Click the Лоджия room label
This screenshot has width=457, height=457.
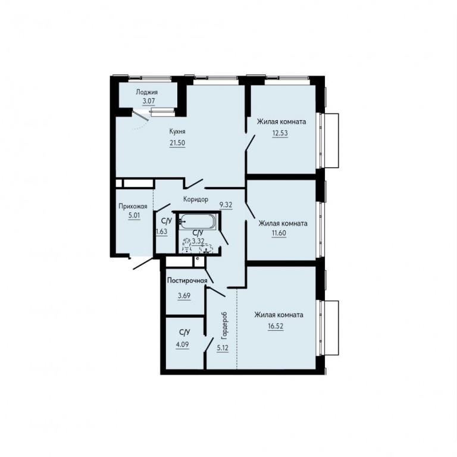coord(147,92)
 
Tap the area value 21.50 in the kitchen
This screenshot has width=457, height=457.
coord(177,143)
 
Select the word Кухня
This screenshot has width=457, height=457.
coord(177,132)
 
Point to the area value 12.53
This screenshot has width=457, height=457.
coord(280,133)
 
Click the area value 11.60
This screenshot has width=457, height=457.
coord(279,233)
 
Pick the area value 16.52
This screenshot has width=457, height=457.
coord(276,326)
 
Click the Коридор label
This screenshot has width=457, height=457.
coord(196,199)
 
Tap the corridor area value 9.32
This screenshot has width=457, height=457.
coord(226,205)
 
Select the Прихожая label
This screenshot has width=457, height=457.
coord(133,206)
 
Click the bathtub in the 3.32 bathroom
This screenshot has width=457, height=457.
coord(198,222)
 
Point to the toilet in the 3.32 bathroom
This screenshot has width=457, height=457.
coord(186,245)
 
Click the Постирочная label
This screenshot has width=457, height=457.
coord(187,281)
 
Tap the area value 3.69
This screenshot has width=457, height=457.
coord(184,296)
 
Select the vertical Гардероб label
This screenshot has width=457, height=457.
coord(224,325)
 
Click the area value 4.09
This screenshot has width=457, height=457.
coord(182,345)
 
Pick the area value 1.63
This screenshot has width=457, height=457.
coord(162,232)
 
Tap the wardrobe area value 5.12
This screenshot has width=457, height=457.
coord(223,348)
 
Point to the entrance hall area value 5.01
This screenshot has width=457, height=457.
coord(134,217)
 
